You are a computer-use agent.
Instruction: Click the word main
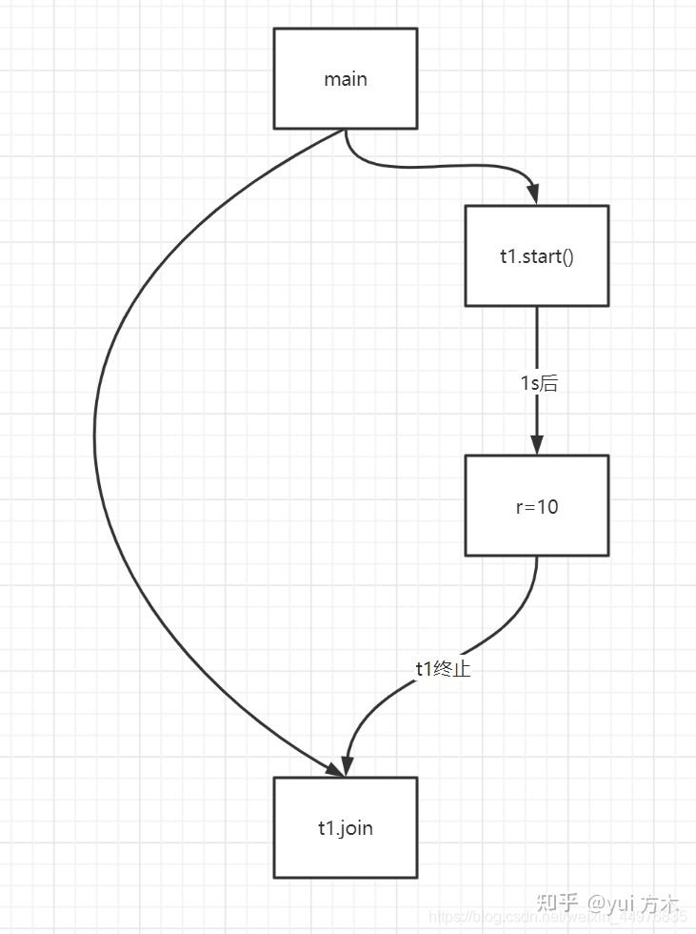click(345, 79)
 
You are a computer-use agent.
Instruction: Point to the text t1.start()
click(537, 256)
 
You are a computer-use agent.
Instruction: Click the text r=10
click(536, 506)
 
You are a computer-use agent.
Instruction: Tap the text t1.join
click(345, 828)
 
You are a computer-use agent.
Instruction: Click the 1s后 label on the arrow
click(538, 383)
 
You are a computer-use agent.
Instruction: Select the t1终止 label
click(443, 668)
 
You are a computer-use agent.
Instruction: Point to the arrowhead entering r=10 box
click(537, 445)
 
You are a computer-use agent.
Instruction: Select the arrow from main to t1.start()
click(428, 167)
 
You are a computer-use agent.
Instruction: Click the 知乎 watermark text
click(557, 901)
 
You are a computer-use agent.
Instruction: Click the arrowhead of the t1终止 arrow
click(348, 765)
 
